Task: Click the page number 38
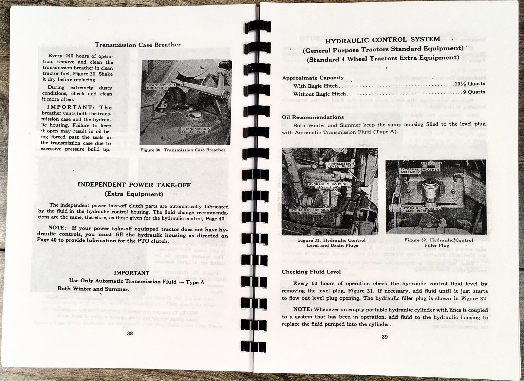[130, 333]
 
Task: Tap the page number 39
[384, 337]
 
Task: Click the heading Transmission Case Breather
[138, 45]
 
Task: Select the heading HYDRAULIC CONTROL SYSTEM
[383, 40]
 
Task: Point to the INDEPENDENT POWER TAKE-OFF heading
[134, 185]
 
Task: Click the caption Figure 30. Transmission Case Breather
[183, 150]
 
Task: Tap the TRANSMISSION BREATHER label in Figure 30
[160, 87]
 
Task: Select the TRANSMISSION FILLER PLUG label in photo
[196, 130]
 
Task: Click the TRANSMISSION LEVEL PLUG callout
[341, 165]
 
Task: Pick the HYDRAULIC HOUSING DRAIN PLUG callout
[305, 211]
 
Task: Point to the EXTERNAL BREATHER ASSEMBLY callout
[419, 170]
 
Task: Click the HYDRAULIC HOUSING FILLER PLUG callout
[421, 210]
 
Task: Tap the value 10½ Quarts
[470, 84]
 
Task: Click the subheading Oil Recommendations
[313, 117]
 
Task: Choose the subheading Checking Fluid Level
[311, 272]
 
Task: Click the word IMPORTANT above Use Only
[131, 273]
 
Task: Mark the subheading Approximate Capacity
[313, 78]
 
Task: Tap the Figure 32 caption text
[438, 243]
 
